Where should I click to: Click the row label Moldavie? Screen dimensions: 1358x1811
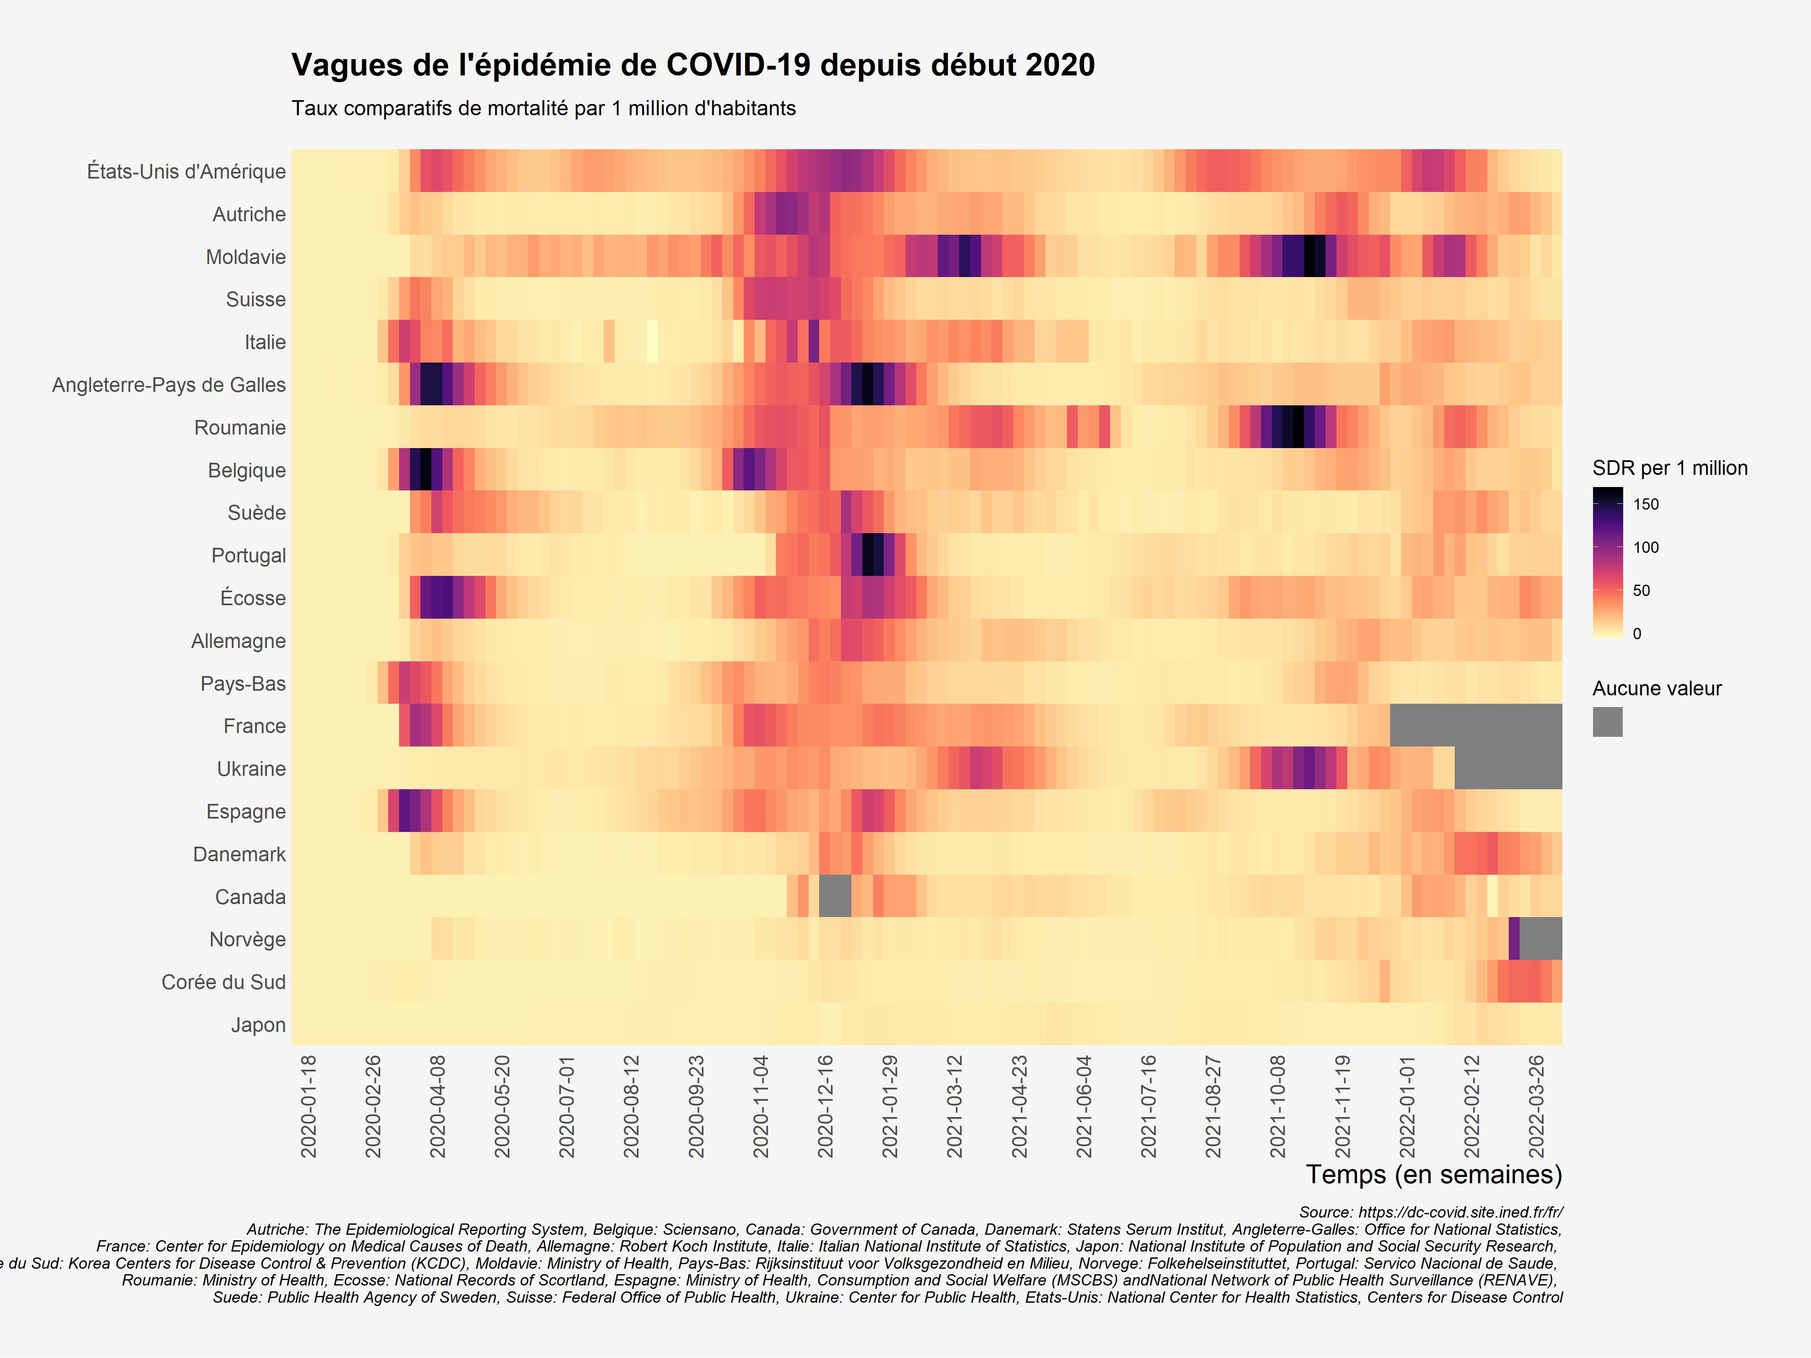point(246,257)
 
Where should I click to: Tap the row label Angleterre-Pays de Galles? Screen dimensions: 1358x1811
point(169,385)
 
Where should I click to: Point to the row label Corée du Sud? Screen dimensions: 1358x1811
point(223,982)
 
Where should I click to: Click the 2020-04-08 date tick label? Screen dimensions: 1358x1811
point(438,1107)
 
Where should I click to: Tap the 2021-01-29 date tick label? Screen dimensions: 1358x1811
point(890,1107)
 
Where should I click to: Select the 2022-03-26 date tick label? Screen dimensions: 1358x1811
point(1536,1107)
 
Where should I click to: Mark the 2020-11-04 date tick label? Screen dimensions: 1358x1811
point(760,1107)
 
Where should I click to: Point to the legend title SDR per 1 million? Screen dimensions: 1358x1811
point(1669,468)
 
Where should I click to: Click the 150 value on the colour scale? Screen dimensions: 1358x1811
point(1645,504)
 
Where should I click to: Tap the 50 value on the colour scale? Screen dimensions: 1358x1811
point(1641,590)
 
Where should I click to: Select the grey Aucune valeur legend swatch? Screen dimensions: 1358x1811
point(1607,722)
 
